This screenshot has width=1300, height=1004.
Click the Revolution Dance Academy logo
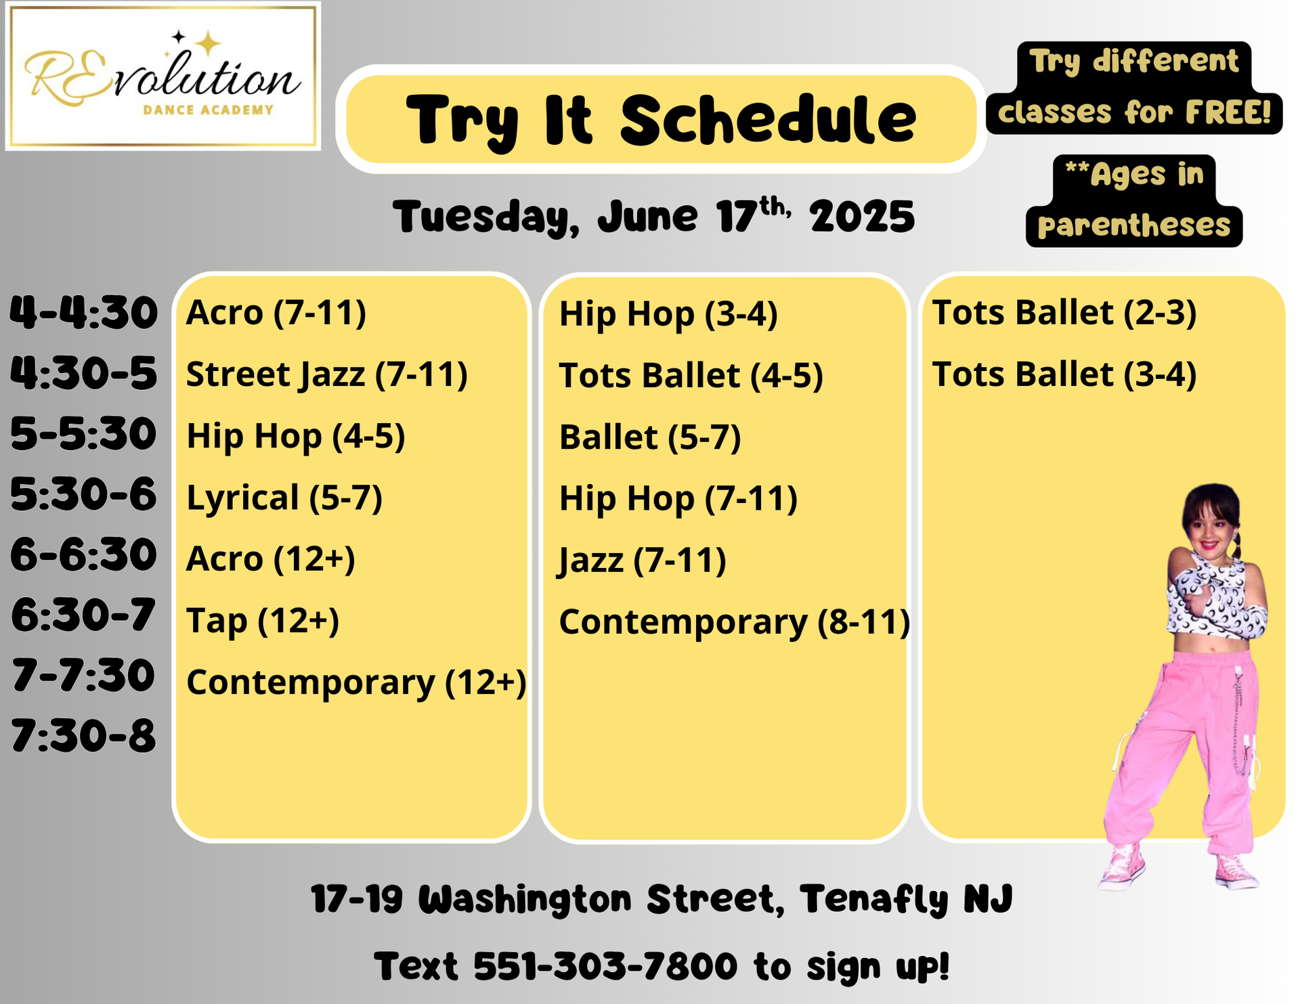162,76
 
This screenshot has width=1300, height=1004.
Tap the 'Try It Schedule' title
661,120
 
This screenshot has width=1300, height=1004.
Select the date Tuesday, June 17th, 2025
653,217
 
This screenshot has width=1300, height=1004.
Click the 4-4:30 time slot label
83,313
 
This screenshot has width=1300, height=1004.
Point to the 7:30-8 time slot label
83,736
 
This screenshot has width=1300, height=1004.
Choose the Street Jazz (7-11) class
327,374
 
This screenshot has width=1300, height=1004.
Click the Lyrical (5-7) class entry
284,498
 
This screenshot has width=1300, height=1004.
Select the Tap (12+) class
263,621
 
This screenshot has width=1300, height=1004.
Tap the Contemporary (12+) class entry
356,682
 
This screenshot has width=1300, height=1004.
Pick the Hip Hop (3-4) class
668,314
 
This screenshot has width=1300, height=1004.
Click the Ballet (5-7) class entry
650,437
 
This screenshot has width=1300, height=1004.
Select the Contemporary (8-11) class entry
735,622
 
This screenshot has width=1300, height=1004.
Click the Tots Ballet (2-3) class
1064,313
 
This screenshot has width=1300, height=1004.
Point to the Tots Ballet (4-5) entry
691,376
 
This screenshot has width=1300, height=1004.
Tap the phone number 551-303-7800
605,966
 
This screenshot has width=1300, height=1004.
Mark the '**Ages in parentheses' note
1134,200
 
